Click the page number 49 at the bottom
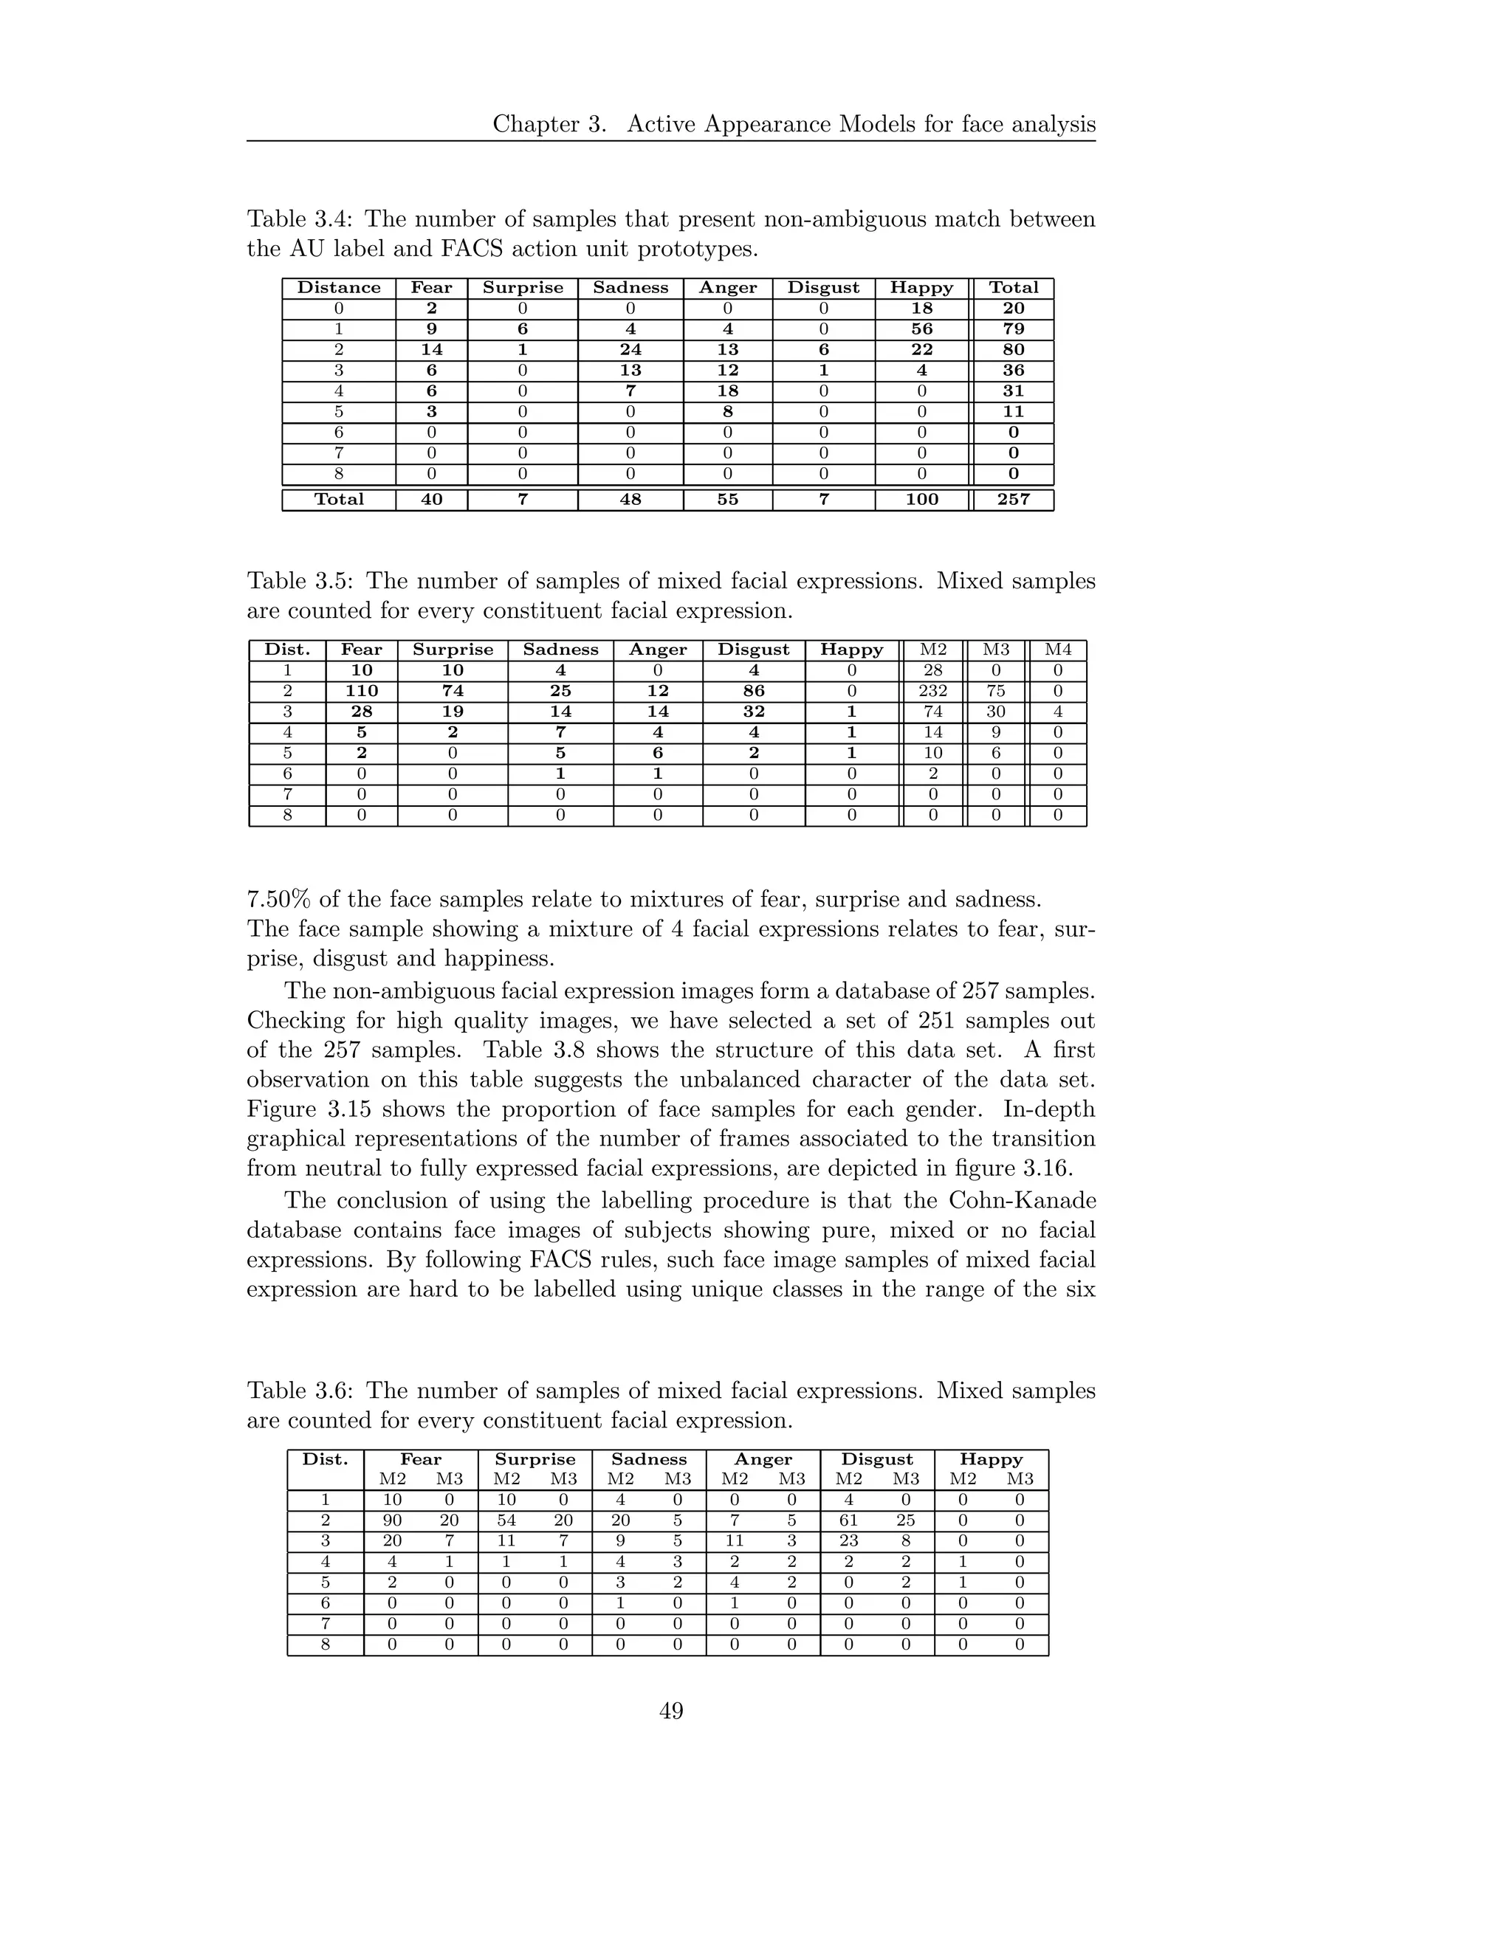pos(671,1712)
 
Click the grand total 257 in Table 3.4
pos(1013,500)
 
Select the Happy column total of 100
pos(921,500)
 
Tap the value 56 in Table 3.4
pos(921,328)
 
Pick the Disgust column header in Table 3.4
pos(823,287)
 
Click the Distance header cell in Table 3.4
pos(339,287)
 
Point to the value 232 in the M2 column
pos(932,692)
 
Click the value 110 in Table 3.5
pos(362,692)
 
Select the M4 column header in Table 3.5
pos(1057,650)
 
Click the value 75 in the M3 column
pos(995,692)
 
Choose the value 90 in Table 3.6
pos(392,1521)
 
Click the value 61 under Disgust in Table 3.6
pos(848,1521)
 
